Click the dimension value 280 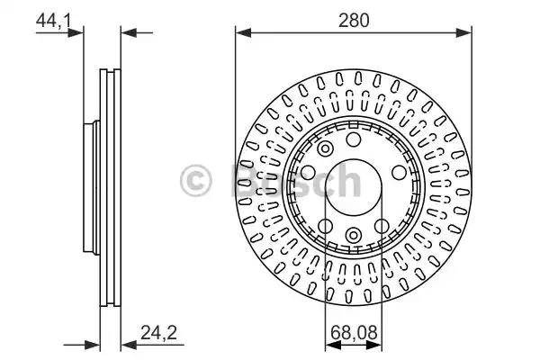pyautogui.click(x=354, y=21)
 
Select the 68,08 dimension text pyautogui.click(x=354, y=332)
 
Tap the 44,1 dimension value pyautogui.click(x=53, y=21)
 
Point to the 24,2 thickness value pyautogui.click(x=158, y=332)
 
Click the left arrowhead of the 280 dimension pyautogui.click(x=243, y=33)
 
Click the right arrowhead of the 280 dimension pyautogui.click(x=463, y=33)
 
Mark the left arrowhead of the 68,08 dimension pyautogui.click(x=333, y=345)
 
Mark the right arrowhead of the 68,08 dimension pyautogui.click(x=374, y=345)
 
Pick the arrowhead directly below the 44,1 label pyautogui.click(x=76, y=33)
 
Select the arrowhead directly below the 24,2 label pyautogui.click(x=129, y=345)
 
